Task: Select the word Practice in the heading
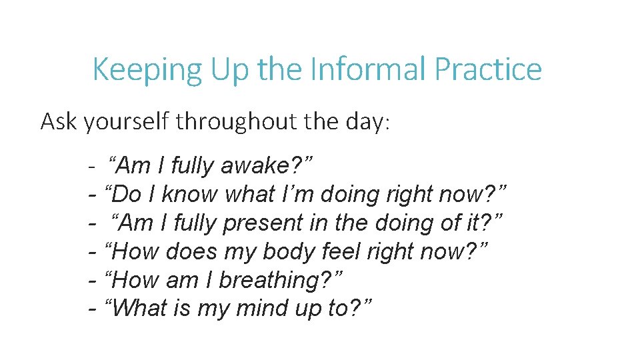point(488,69)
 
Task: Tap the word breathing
point(279,281)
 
